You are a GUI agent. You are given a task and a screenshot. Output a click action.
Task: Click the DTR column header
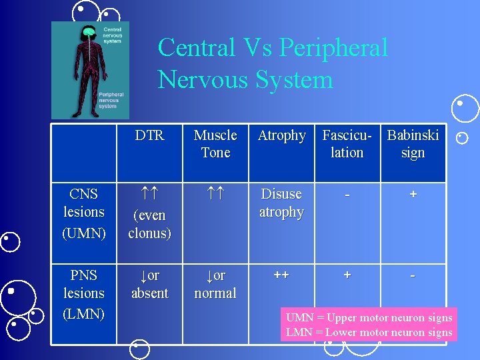[149, 135]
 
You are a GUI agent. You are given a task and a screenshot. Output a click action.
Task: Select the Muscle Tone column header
[215, 144]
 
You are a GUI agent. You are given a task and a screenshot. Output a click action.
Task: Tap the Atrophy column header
[281, 135]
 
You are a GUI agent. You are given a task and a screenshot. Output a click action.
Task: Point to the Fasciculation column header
[347, 144]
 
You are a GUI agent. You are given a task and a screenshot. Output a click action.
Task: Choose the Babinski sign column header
[413, 144]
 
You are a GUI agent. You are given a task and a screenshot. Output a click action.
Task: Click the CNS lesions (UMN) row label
[84, 212]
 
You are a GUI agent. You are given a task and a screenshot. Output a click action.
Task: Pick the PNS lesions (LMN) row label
[84, 293]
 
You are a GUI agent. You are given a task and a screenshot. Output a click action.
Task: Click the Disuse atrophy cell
[281, 203]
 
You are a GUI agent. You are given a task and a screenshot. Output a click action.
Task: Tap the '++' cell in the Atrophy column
[281, 275]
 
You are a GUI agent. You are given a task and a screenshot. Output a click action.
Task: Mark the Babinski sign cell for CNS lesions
[413, 194]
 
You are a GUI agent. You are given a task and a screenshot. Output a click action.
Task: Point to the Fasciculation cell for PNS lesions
[347, 275]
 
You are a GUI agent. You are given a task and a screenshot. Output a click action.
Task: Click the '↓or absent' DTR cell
[149, 284]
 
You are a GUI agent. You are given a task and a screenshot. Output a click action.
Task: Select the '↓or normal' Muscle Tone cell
[215, 284]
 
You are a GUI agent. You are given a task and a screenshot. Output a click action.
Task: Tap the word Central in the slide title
[197, 48]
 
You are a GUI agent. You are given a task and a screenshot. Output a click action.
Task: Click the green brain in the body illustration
[88, 32]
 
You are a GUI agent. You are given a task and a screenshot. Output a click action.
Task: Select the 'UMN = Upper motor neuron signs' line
[369, 317]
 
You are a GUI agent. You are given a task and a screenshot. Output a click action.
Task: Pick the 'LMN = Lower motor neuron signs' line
[369, 332]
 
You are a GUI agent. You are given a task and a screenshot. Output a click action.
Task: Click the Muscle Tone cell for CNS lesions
[215, 194]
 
